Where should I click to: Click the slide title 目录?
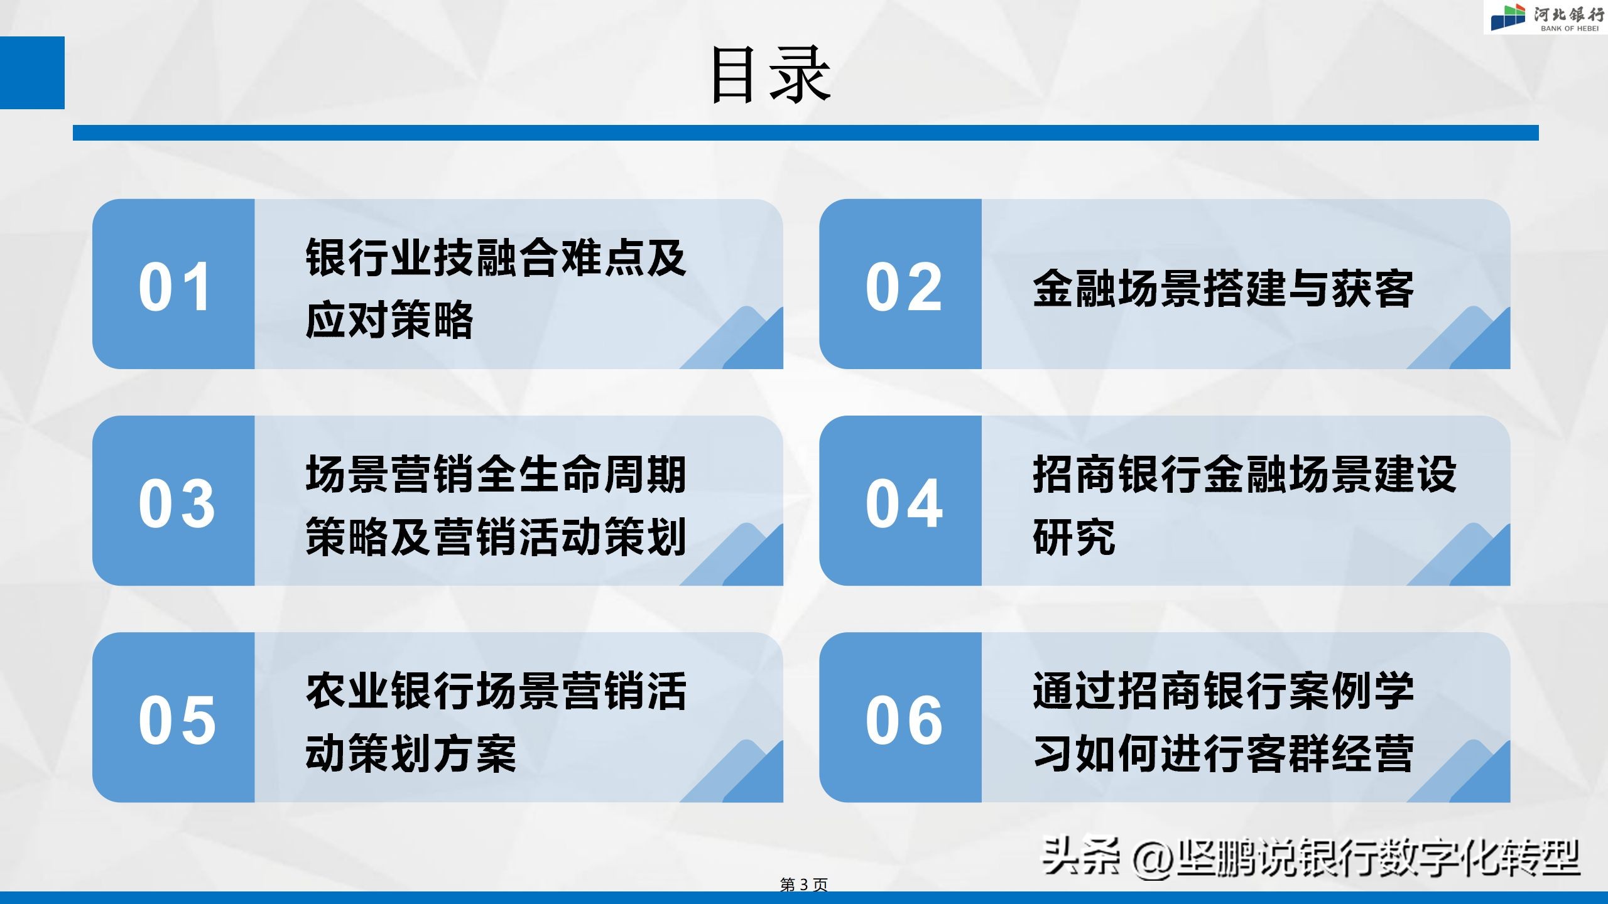click(x=771, y=75)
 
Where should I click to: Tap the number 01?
click(x=174, y=287)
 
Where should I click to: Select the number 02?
click(x=904, y=287)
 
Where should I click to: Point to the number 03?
click(x=177, y=503)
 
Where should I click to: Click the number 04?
click(x=904, y=503)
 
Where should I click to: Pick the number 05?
click(x=177, y=720)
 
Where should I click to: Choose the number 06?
click(x=904, y=720)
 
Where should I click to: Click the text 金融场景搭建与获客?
click(x=1223, y=289)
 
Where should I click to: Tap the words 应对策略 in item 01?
click(x=389, y=320)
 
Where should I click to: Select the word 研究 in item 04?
click(x=1073, y=537)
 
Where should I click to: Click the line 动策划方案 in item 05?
click(x=411, y=753)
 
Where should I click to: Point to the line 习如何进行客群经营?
click(x=1223, y=753)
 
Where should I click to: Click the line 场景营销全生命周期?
click(x=496, y=475)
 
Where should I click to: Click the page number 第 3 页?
click(x=803, y=885)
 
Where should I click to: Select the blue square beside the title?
click(x=32, y=72)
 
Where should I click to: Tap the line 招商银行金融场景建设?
click(x=1244, y=475)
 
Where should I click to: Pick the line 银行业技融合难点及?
click(x=496, y=258)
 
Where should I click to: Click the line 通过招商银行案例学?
click(x=1223, y=691)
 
